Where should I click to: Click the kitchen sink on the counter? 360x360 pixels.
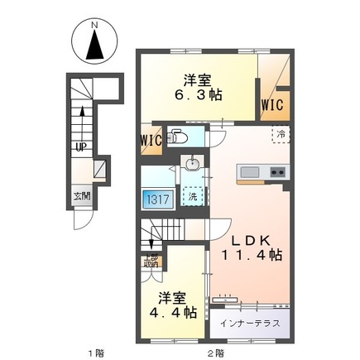tap(249, 171)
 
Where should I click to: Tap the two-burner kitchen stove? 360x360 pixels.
tap(276, 171)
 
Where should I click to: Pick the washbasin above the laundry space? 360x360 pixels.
tap(191, 164)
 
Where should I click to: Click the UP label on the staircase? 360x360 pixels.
tap(79, 147)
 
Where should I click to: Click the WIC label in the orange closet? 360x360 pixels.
tap(273, 105)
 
